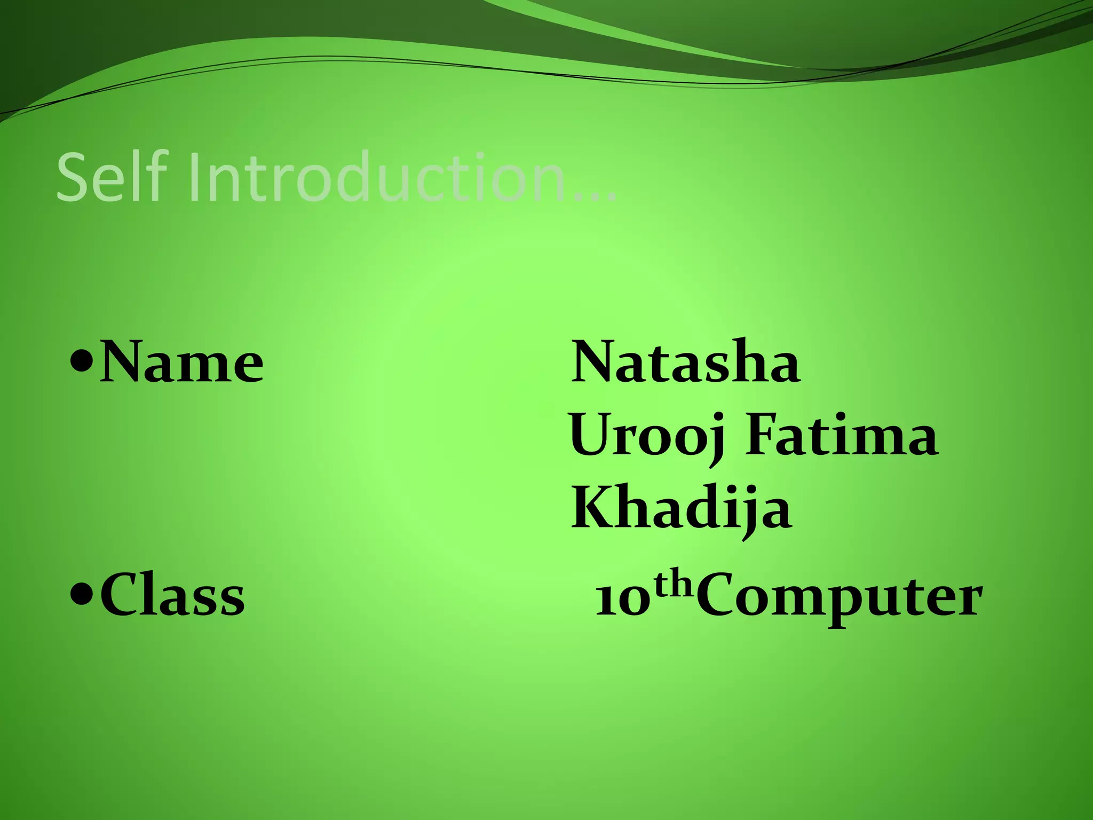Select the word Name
click(x=181, y=363)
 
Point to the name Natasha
click(x=686, y=362)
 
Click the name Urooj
click(x=649, y=437)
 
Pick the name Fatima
click(x=841, y=437)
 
